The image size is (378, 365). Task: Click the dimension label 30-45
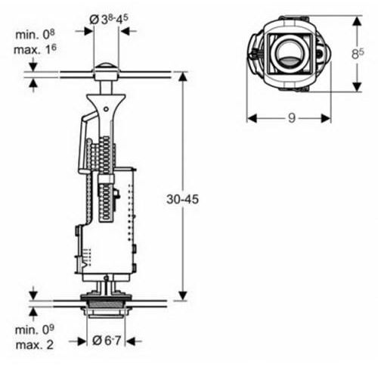coord(182,199)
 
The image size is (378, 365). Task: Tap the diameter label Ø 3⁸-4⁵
coord(109,19)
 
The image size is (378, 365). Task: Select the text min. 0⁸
coord(35,34)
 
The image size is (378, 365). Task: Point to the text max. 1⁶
coord(35,49)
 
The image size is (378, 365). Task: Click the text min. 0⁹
coord(35,329)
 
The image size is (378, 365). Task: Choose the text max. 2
coord(35,345)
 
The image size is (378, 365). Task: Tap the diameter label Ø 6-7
coord(107,341)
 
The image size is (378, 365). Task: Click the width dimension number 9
coord(292,117)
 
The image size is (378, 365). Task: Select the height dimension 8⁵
coord(358,53)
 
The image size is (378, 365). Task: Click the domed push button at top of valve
coord(106,68)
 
